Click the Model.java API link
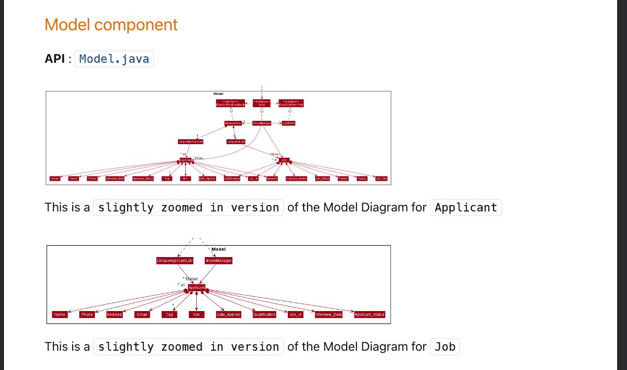click(114, 59)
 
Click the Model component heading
click(111, 24)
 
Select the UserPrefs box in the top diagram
click(288, 123)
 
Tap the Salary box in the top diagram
click(362, 178)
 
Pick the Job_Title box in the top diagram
click(381, 178)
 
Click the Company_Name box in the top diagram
click(296, 178)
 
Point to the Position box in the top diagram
click(343, 178)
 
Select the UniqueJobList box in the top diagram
click(235, 142)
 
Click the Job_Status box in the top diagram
click(322, 178)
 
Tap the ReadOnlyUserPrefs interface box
click(291, 103)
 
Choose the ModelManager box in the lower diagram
click(219, 261)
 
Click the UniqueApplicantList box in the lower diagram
click(175, 261)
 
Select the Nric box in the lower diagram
click(196, 315)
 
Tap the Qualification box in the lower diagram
click(264, 315)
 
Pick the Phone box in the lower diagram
click(87, 315)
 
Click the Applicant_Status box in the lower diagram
click(369, 315)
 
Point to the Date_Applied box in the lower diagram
click(228, 315)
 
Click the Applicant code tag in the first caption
click(466, 207)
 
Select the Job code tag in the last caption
click(445, 347)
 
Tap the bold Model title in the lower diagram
click(219, 249)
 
